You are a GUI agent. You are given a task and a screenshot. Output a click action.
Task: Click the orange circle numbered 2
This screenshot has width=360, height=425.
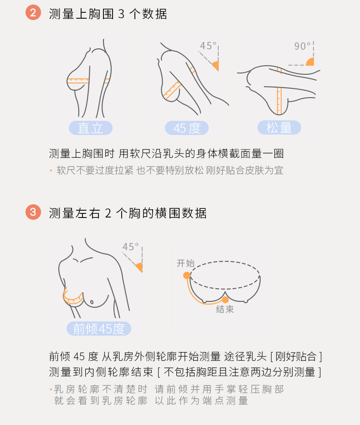33,12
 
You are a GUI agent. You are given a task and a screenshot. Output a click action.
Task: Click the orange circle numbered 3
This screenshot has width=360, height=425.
33,212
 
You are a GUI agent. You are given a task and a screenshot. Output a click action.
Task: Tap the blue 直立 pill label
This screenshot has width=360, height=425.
91,128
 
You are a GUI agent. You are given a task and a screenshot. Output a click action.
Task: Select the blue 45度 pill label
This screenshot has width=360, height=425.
187,128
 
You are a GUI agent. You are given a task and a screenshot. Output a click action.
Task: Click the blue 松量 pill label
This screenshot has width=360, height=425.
279,127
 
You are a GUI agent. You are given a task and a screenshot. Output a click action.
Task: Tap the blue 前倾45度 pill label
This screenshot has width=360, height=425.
99,328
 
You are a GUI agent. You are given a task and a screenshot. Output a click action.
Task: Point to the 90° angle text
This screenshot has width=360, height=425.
302,46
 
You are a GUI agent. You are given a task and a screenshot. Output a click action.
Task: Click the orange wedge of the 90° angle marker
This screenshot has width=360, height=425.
311,62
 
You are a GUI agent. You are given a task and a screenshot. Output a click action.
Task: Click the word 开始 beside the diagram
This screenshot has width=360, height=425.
185,263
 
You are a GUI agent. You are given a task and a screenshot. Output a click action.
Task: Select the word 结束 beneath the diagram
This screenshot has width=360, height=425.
225,309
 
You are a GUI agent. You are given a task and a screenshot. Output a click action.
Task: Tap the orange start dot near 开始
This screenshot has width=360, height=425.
187,275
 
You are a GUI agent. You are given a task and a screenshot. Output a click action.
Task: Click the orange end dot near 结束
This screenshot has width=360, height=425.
225,300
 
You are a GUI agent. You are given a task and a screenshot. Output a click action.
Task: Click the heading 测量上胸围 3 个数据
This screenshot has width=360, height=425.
108,14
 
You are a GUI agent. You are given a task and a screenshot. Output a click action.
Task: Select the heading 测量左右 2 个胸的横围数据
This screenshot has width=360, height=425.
128,213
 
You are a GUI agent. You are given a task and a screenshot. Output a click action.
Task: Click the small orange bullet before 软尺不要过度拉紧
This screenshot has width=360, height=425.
51,171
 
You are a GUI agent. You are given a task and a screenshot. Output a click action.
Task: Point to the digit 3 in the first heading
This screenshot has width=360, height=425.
121,14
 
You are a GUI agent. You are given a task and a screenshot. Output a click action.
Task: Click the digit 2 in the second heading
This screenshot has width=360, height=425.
108,213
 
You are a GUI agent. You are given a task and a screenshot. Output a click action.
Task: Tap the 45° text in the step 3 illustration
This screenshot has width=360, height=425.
131,247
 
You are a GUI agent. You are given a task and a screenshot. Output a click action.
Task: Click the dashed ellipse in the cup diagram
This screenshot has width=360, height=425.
225,261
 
